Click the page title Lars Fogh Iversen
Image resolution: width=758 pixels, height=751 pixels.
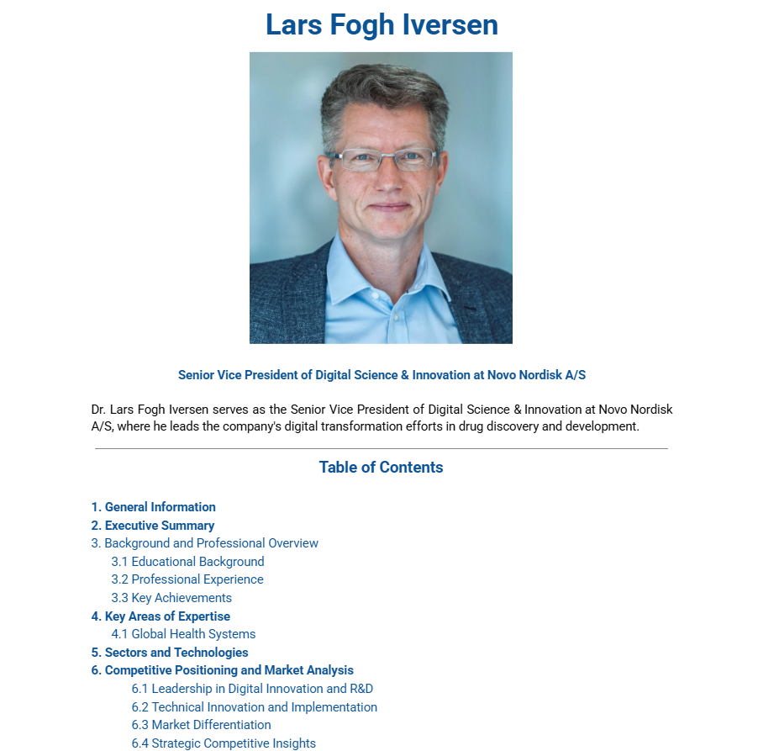[x=382, y=24]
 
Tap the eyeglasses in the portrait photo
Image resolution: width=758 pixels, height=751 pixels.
[x=383, y=158]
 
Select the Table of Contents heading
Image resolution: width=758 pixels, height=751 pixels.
[x=381, y=468]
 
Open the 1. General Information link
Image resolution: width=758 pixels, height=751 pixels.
[x=153, y=507]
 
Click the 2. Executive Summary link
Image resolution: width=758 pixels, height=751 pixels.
[x=153, y=526]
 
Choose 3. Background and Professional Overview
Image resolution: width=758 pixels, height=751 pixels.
[x=204, y=543]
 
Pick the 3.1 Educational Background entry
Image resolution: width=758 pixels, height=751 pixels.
[x=187, y=562]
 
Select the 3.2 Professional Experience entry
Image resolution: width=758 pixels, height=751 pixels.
[x=187, y=579]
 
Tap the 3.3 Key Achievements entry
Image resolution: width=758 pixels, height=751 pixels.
[x=171, y=598]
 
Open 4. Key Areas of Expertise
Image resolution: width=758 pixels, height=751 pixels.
[x=161, y=616]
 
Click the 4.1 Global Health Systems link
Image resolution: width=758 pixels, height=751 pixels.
[x=183, y=634]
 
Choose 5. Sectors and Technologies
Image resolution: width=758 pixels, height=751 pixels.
[x=170, y=653]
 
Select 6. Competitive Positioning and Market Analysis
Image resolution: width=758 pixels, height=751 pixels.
[x=222, y=670]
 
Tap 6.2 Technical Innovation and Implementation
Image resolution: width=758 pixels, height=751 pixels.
[x=254, y=707]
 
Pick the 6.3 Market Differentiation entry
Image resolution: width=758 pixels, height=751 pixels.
[x=201, y=725]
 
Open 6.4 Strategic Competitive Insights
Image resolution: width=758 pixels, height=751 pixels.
[x=224, y=743]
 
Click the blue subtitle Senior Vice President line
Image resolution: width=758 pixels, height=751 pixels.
[x=382, y=375]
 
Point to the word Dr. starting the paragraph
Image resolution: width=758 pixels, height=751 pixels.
[x=99, y=410]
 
